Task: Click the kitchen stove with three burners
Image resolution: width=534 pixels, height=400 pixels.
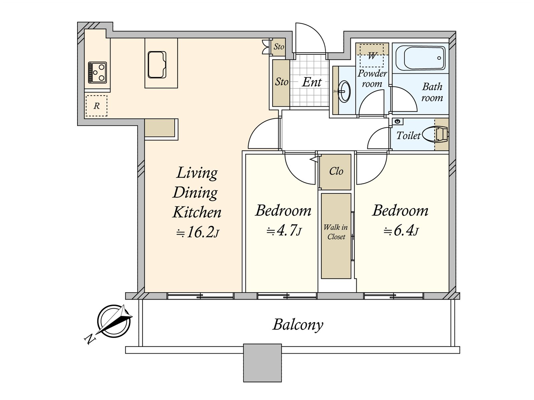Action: (x=97, y=73)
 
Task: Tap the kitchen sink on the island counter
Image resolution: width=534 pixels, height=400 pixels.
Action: (x=157, y=65)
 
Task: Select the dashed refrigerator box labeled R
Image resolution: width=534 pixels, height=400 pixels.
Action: (x=96, y=106)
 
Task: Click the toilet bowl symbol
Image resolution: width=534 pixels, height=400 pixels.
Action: (x=436, y=134)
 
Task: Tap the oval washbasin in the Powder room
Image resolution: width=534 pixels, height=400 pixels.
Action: (x=344, y=92)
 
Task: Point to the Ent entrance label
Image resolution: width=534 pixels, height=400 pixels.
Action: (x=312, y=82)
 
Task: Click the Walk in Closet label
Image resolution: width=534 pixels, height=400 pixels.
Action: (x=336, y=232)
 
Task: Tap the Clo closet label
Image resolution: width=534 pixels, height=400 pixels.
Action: (x=336, y=171)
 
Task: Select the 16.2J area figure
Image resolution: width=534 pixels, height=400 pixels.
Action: (x=198, y=232)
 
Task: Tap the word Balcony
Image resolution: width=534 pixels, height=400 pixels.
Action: (x=298, y=324)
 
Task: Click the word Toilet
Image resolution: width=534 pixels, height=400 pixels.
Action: (x=408, y=136)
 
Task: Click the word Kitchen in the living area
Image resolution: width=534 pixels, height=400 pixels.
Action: (x=197, y=212)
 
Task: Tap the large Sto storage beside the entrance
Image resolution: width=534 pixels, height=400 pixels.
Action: (x=281, y=83)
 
